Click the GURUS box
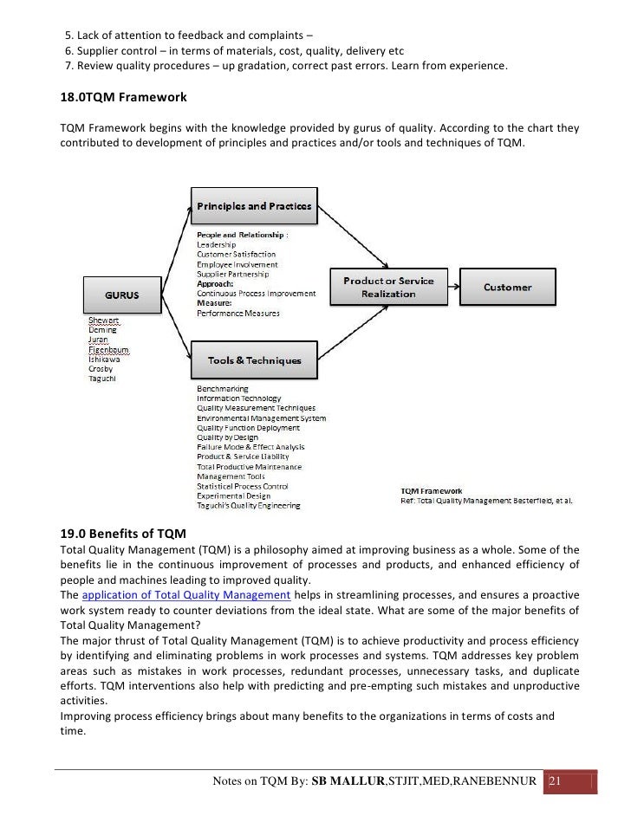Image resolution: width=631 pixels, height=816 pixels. coord(121,295)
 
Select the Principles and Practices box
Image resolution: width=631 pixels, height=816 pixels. coord(255,206)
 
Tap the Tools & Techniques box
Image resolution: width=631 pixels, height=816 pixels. coord(255,360)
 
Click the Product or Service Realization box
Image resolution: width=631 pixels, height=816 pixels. coord(388,287)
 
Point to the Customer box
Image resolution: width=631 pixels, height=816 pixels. coord(508,287)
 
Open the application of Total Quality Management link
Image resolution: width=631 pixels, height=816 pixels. coord(185,595)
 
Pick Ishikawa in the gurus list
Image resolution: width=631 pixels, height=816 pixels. coord(105,359)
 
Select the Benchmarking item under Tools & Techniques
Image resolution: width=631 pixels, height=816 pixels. coord(223,389)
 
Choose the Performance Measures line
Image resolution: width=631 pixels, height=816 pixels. coord(238,313)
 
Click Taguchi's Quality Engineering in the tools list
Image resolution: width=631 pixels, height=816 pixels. coord(249,505)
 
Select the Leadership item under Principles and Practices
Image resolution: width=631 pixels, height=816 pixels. coord(217,244)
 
